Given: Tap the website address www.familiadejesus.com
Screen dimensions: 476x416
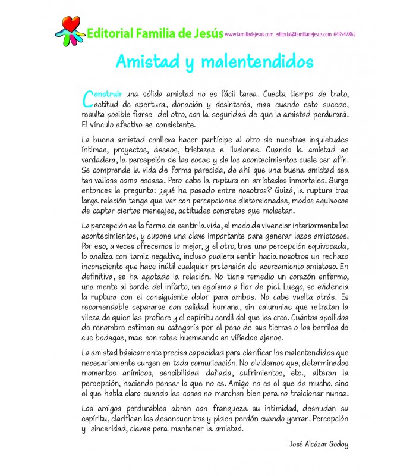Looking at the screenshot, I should pos(250,35).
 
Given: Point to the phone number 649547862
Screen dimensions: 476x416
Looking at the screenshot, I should pos(345,35).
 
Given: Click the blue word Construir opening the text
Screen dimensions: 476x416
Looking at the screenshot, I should pos(102,94).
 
